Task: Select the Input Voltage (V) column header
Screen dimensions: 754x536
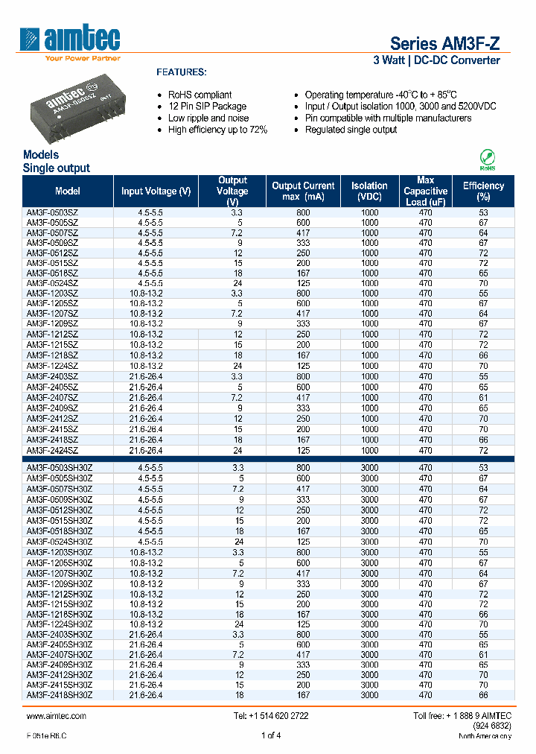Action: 156,191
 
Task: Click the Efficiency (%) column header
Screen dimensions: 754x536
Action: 483,191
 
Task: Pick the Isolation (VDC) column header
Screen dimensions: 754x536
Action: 370,191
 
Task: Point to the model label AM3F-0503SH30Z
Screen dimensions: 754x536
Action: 60,467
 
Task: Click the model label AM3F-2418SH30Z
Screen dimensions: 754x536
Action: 60,694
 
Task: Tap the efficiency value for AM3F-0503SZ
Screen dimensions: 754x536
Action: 483,212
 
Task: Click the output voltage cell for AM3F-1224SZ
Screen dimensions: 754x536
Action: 233,367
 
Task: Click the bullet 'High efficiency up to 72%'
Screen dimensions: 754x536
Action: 217,130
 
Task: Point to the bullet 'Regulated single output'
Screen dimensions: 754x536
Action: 351,130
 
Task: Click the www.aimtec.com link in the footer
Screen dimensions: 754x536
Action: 57,716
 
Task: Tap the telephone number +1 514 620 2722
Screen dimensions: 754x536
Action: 271,716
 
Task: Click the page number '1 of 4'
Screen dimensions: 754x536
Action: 271,736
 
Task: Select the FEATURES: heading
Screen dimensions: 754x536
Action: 181,72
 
